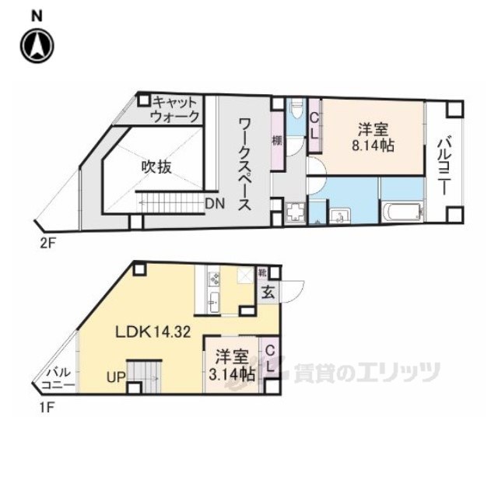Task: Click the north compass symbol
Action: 37,44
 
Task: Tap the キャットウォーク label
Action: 176,109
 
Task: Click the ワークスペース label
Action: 243,164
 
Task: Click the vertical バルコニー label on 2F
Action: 444,164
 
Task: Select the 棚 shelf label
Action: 276,142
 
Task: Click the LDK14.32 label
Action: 153,331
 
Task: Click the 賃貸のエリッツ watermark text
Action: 366,372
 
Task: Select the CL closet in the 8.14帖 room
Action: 314,124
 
